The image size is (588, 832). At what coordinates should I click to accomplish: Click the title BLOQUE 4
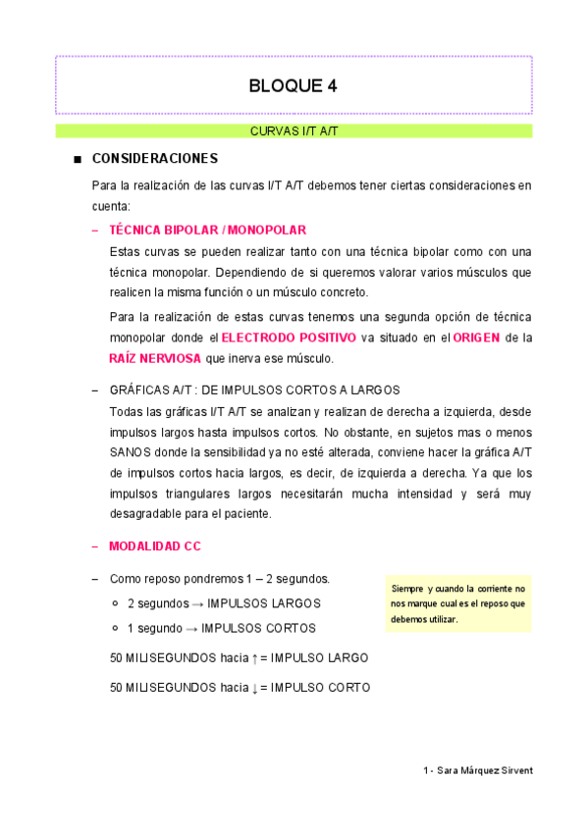[294, 85]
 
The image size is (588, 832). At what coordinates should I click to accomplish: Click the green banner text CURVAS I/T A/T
[294, 130]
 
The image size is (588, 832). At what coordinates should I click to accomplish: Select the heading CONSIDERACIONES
[154, 158]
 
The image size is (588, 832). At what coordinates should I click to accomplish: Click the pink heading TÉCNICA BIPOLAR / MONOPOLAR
[208, 230]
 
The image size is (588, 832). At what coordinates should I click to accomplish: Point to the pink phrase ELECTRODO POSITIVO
[289, 338]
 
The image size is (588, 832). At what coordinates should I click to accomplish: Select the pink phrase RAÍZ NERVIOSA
[155, 359]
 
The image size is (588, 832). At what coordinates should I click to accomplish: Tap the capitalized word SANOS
[133, 451]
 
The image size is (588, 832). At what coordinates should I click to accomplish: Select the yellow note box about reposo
[457, 603]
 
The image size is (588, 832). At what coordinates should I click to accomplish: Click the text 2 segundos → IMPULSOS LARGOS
[224, 602]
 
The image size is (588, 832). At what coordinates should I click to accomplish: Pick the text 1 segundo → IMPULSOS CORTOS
[222, 628]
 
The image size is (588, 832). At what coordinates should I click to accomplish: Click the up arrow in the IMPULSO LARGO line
[254, 657]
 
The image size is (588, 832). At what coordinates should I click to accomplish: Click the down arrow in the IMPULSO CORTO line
[254, 688]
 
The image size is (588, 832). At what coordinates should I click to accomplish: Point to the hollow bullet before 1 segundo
[116, 628]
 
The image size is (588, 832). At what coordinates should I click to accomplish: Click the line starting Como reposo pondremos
[220, 578]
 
